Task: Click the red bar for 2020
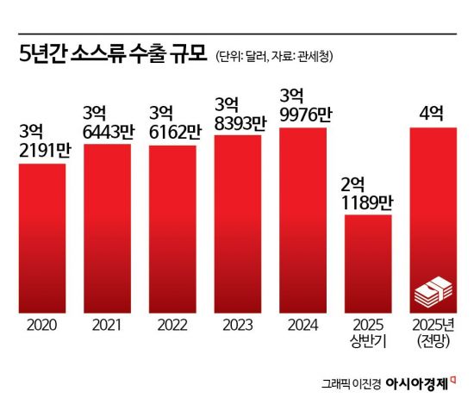click(x=42, y=237)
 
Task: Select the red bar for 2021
click(x=107, y=227)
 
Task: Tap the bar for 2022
click(x=172, y=228)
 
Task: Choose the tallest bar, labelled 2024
click(x=303, y=219)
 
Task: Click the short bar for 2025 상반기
click(x=368, y=263)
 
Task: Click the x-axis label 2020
click(x=42, y=327)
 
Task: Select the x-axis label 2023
click(x=237, y=327)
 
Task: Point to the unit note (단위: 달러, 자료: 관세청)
click(x=274, y=58)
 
